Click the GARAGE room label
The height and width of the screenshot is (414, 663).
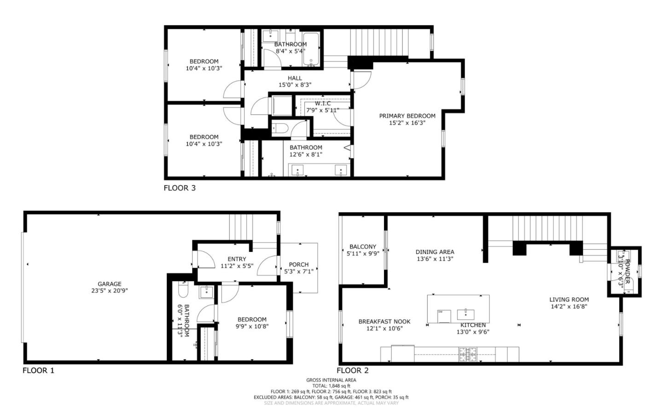tap(109, 284)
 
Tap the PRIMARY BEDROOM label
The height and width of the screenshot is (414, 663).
tap(407, 116)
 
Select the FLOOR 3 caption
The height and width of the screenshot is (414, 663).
tap(180, 188)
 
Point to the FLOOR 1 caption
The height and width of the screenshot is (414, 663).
tap(38, 370)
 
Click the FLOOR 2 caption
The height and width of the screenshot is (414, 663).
tap(352, 370)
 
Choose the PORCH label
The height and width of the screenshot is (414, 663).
tap(299, 264)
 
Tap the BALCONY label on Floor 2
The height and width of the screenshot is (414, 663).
tap(362, 247)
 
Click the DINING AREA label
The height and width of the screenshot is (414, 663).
tap(435, 252)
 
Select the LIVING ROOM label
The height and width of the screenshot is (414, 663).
tap(569, 300)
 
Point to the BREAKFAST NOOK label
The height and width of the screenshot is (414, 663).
tap(384, 322)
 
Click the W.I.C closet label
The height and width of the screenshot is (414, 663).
tap(322, 104)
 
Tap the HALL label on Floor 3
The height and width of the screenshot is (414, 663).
tap(295, 78)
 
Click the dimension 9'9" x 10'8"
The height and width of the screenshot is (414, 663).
tap(252, 327)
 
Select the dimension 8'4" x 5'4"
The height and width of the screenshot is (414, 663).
tap(290, 51)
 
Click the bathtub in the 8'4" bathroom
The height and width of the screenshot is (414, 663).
tap(313, 48)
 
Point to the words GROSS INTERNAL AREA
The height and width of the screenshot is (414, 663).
tap(331, 380)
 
